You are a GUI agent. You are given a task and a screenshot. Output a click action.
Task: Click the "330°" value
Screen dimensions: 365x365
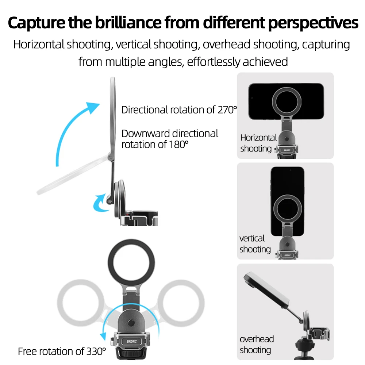point(95,351)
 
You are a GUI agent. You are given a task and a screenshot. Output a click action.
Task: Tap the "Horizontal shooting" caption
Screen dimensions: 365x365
point(258,143)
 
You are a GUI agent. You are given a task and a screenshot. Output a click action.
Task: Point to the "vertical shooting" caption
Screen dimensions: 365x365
point(254,244)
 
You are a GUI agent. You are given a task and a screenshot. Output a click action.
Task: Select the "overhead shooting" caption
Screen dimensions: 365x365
point(256,345)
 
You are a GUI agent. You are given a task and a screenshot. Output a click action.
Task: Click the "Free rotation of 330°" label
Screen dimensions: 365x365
point(62,351)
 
